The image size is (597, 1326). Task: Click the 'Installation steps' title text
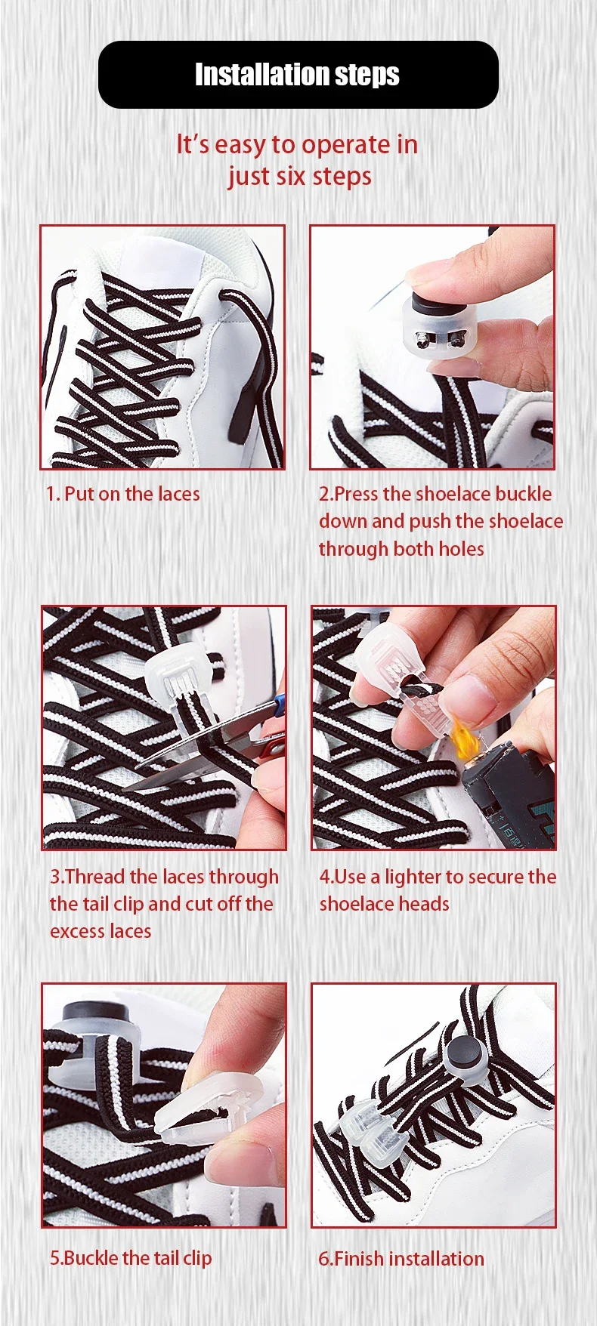tap(297, 75)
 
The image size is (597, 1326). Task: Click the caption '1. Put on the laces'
tap(122, 494)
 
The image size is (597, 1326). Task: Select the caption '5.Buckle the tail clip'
tap(131, 1257)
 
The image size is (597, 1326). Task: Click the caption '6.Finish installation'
tap(401, 1258)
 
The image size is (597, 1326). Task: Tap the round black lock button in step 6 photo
tap(461, 1051)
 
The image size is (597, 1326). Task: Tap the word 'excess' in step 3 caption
tap(74, 932)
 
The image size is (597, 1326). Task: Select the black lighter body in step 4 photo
tap(514, 793)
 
